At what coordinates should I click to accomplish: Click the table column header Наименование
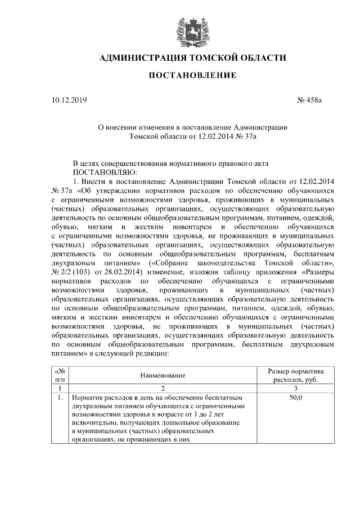tap(162, 375)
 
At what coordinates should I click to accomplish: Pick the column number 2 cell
tap(162, 388)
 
